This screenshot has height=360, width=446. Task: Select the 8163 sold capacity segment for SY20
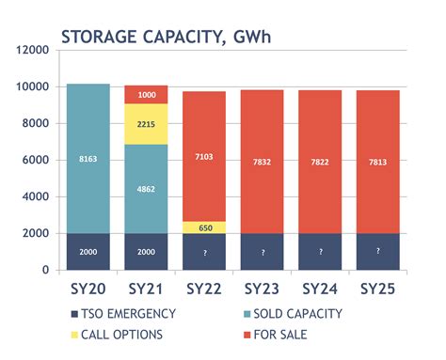point(88,161)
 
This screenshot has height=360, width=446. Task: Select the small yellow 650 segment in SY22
point(203,227)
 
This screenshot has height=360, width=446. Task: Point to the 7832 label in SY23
point(262,161)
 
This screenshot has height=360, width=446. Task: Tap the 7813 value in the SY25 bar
point(377,161)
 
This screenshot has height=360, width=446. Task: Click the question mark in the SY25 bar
point(377,251)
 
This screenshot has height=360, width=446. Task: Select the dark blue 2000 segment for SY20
point(88,251)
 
